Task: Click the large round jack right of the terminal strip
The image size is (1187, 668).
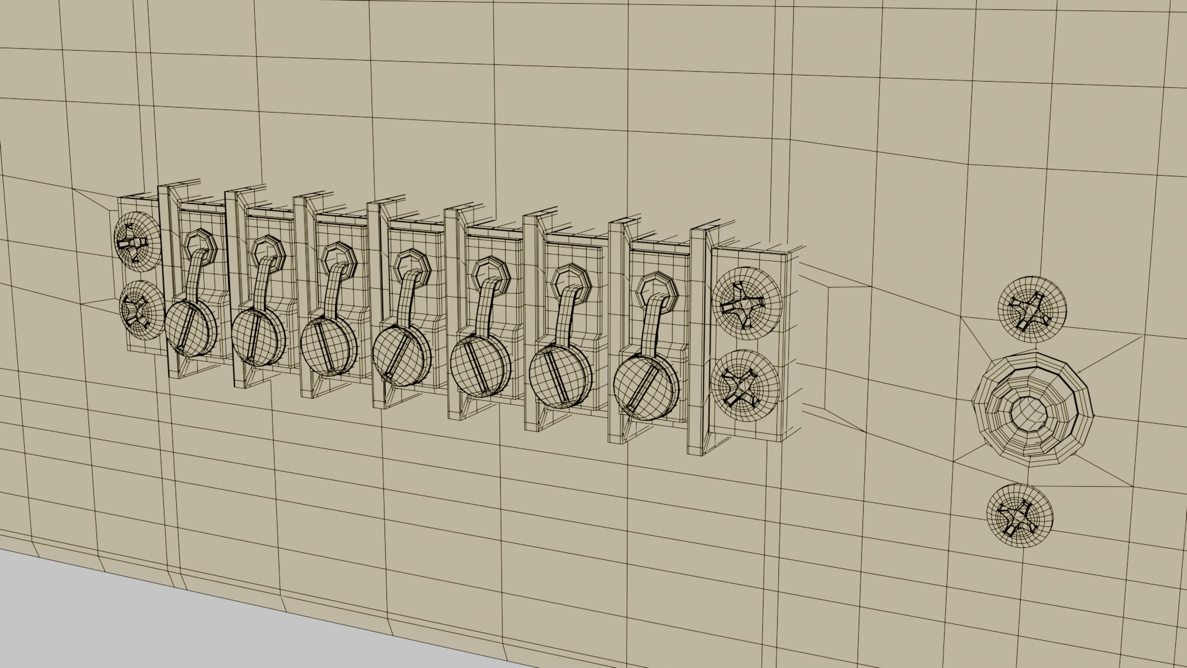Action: tap(1032, 409)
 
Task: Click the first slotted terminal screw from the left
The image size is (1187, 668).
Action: tap(189, 328)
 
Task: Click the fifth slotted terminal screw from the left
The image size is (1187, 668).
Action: tap(480, 366)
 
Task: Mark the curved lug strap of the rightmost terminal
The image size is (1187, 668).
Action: tap(651, 326)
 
